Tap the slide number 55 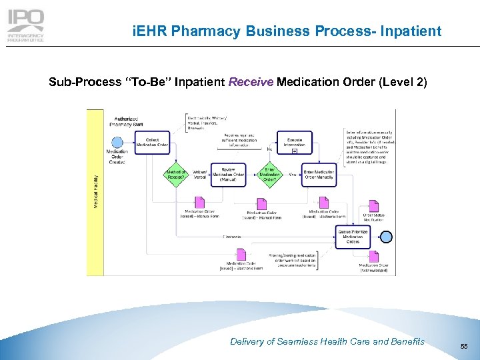coord(463,347)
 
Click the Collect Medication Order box coord(153,141)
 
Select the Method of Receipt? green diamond coord(176,175)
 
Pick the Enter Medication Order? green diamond coord(269,175)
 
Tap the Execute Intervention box coord(294,141)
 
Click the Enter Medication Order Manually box coord(319,175)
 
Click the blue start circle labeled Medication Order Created coord(117,142)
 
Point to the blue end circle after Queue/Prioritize coord(386,237)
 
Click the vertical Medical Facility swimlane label coord(95,191)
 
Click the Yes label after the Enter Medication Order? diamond coord(293,175)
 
